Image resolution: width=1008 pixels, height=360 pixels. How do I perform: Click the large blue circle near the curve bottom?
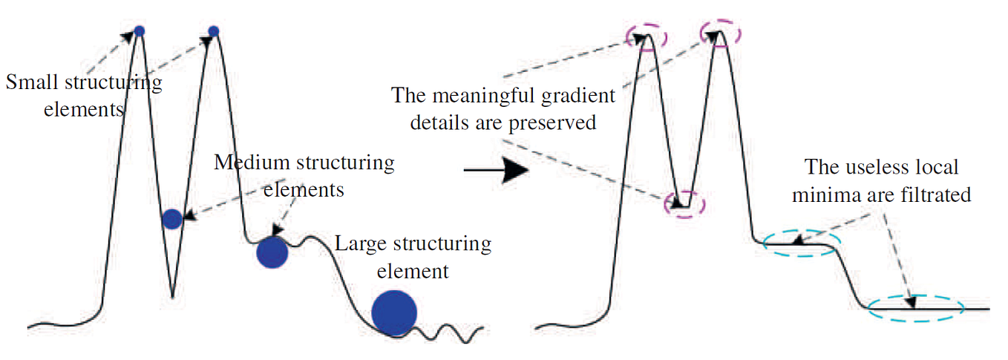(394, 313)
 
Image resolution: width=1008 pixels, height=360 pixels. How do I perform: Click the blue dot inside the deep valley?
(172, 218)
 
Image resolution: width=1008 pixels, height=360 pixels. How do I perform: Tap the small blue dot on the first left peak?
(139, 30)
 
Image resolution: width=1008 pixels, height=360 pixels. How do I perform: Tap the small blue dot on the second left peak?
(214, 30)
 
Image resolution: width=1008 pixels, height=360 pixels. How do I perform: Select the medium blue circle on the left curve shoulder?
(272, 253)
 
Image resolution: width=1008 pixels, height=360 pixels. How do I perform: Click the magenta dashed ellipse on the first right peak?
(647, 37)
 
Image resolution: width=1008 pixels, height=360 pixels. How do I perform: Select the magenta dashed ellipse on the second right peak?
(720, 33)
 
